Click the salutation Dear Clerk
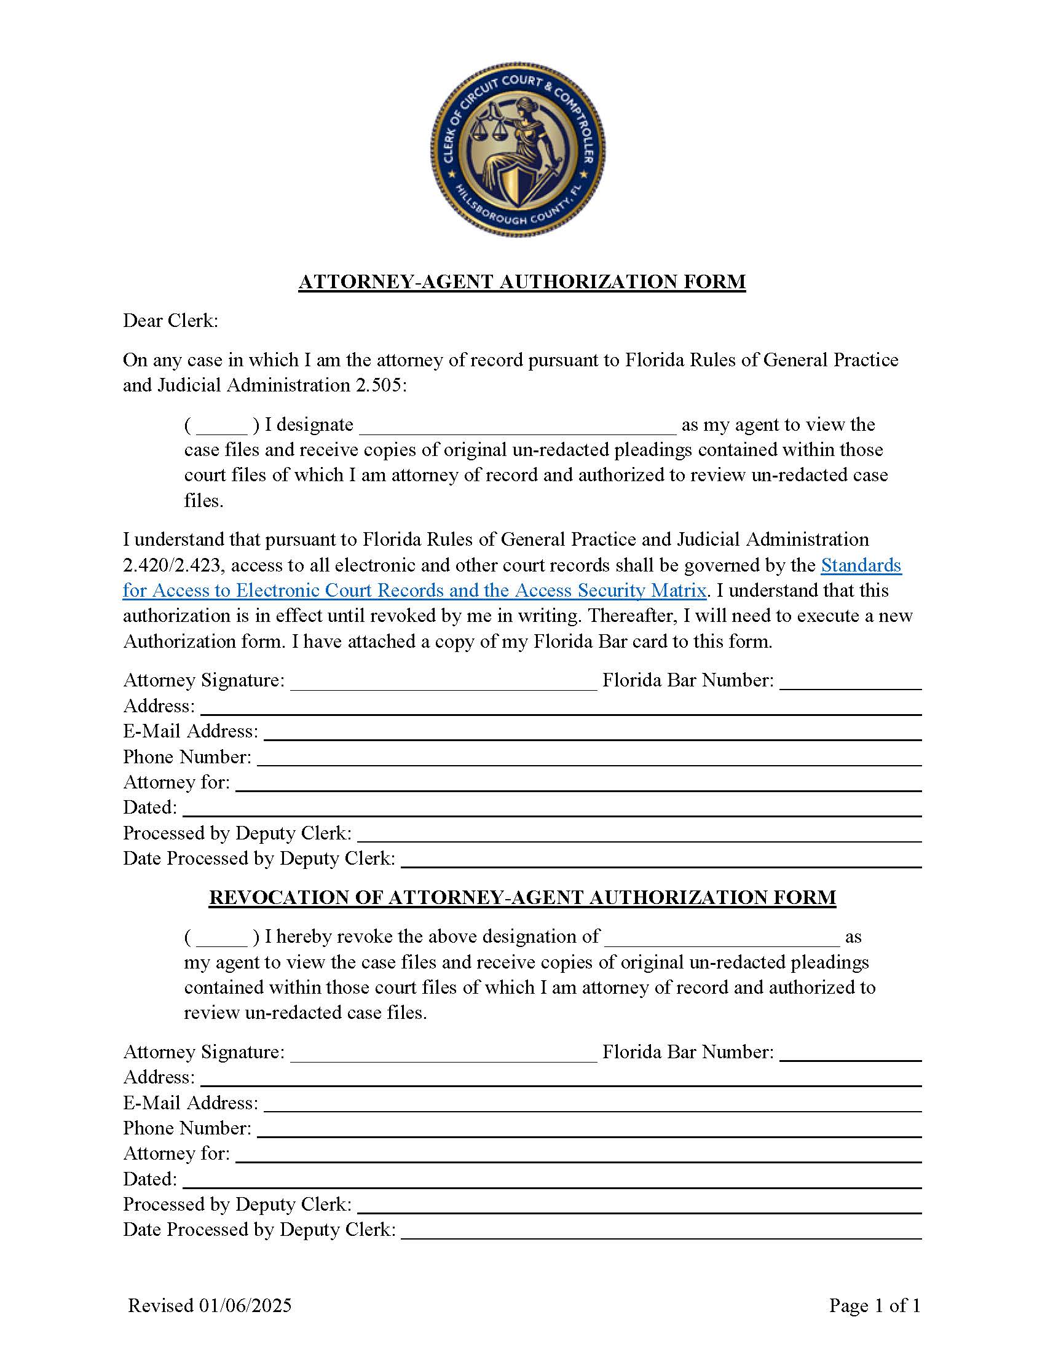tap(170, 321)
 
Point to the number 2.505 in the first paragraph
tap(379, 385)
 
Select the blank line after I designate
tap(518, 426)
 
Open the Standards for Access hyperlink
tap(861, 565)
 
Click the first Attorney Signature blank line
tap(443, 682)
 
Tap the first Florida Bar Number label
tap(688, 680)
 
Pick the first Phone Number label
tap(187, 757)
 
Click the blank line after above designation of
tap(722, 938)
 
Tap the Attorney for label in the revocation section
tap(176, 1154)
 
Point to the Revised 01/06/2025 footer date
tap(209, 1305)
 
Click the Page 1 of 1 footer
tap(874, 1305)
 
